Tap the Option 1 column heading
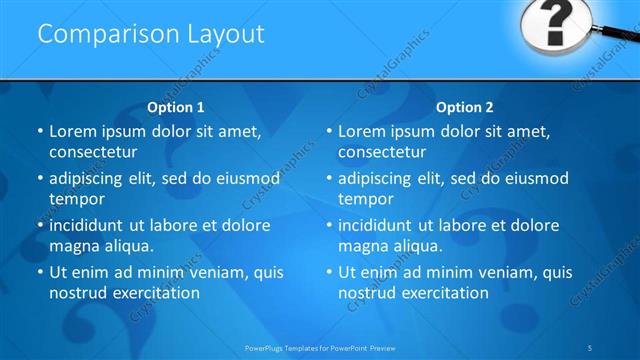[176, 107]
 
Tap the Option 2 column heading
[465, 107]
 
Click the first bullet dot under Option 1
[40, 132]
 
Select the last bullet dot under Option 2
[329, 272]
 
